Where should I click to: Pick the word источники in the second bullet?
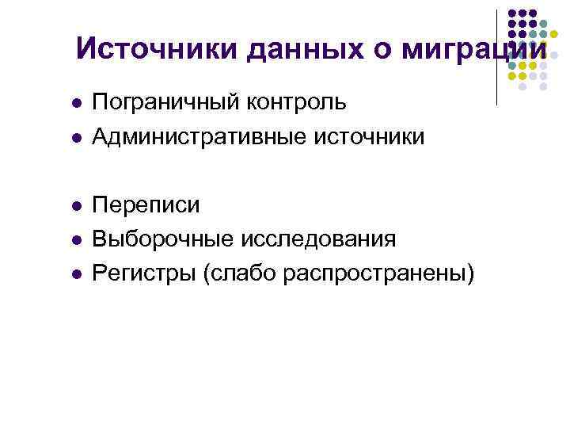tap(367, 137)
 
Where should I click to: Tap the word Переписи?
tap(146, 205)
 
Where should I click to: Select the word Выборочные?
tap(158, 239)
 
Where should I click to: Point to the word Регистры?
tap(144, 273)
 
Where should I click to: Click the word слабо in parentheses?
tap(236, 273)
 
